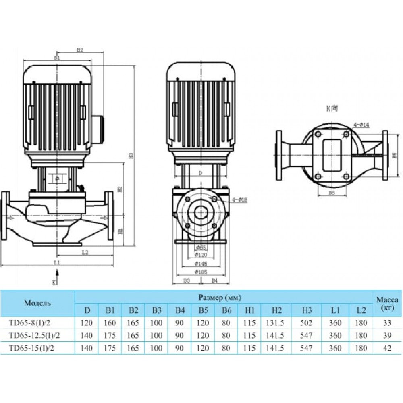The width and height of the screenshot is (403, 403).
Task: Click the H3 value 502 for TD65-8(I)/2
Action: (x=307, y=323)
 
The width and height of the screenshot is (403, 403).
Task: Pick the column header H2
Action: (x=276, y=310)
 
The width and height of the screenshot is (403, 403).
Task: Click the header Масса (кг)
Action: (x=387, y=304)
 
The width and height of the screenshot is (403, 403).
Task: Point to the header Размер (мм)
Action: (x=220, y=298)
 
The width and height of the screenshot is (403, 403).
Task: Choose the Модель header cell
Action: (x=37, y=303)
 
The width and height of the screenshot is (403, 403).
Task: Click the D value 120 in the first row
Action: (x=87, y=323)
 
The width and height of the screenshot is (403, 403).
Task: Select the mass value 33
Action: (x=387, y=323)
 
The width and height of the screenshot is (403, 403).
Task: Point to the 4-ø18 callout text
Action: (x=240, y=200)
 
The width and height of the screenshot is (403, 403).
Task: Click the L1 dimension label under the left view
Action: (x=57, y=262)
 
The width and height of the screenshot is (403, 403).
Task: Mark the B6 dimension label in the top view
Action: (x=331, y=193)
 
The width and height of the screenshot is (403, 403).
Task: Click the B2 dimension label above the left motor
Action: (x=80, y=50)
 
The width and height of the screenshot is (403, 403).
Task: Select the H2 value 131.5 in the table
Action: (x=276, y=323)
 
